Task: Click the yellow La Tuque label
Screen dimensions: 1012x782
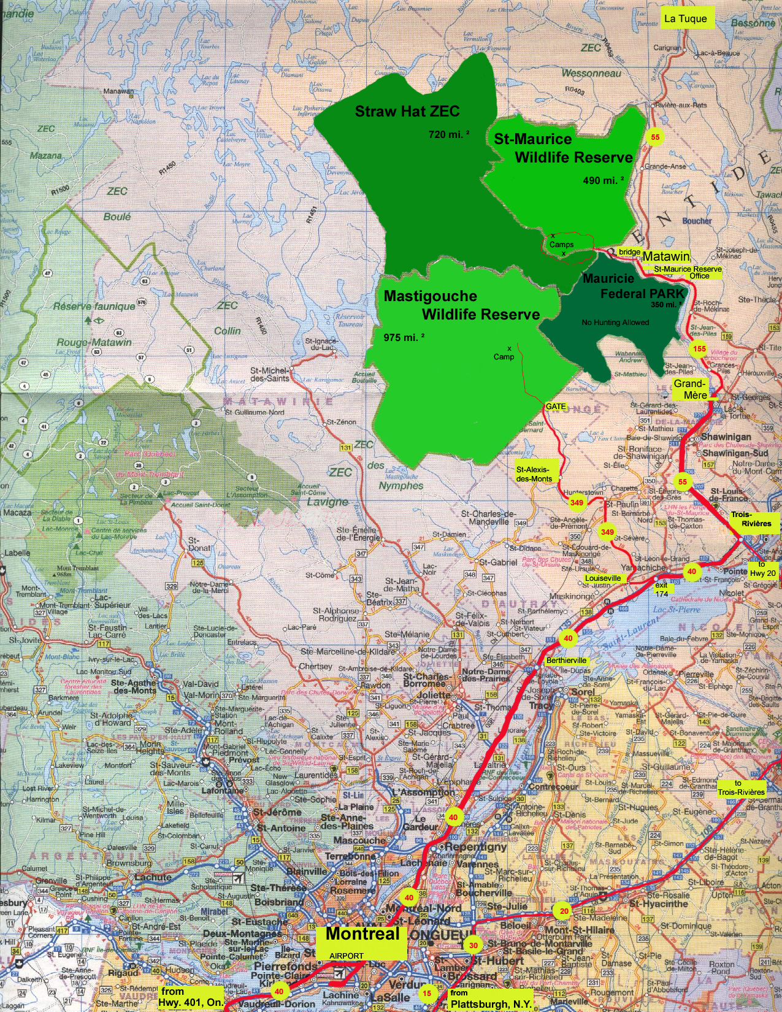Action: coord(686,18)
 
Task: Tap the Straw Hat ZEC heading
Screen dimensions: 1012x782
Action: coord(407,112)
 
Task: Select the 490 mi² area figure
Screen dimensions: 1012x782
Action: coord(604,180)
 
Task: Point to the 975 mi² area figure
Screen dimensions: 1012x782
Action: coord(404,337)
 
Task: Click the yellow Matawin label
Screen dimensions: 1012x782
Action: coord(666,256)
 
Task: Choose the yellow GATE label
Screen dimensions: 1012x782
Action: coord(556,407)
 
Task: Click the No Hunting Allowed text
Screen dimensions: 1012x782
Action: coord(615,322)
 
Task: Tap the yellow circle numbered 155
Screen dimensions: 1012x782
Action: coord(699,349)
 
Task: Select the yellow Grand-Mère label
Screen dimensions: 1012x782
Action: coord(691,389)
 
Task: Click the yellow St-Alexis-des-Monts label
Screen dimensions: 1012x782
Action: coord(534,474)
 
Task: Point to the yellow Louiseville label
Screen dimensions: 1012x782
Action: coord(603,578)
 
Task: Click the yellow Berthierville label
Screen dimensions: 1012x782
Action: coord(567,661)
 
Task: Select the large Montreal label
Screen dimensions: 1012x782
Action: coord(362,935)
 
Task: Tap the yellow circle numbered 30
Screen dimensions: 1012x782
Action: coord(473,945)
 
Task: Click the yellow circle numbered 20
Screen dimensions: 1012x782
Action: coord(563,911)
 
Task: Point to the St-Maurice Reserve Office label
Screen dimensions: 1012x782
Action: coord(688,272)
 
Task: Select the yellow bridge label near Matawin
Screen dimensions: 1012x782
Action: coord(629,252)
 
